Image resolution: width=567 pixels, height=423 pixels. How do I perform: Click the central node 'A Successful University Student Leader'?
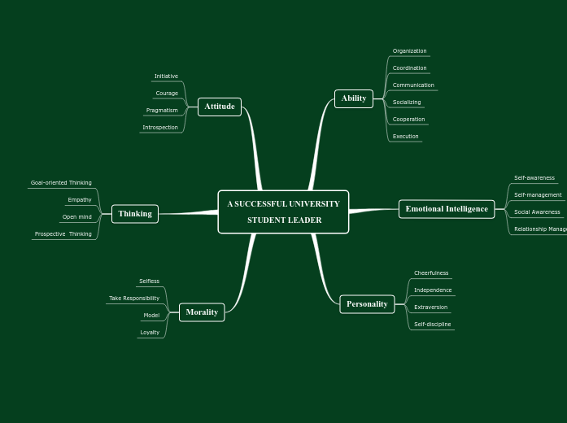283,211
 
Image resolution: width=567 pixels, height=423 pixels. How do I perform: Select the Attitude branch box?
220,107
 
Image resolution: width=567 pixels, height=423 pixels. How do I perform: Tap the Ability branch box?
354,98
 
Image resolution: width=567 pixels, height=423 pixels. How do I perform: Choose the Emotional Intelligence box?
447,209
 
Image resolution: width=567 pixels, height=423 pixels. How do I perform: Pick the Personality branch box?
367,304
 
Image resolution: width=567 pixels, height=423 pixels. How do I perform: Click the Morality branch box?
202,312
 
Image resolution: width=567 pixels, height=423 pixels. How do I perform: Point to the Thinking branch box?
135,214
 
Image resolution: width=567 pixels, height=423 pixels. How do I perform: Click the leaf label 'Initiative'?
166,76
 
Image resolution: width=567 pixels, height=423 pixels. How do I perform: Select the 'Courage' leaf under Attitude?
167,94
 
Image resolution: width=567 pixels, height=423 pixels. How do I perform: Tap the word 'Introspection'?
160,128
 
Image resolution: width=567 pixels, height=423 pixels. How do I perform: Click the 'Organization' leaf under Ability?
409,51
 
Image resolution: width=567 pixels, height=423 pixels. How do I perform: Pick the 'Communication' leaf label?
413,85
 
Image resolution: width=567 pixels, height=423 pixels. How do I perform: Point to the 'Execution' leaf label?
405,137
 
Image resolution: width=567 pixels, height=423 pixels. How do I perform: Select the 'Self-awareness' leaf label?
534,178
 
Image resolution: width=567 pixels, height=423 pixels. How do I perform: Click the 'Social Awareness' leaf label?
537,212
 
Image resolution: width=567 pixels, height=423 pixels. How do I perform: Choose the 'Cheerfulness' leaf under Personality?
431,273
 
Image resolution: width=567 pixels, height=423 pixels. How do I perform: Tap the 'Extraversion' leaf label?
430,307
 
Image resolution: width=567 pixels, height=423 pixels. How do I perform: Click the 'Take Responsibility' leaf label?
134,299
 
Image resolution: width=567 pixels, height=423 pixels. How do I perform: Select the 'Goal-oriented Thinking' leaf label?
61,183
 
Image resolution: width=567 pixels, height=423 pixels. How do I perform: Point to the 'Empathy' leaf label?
80,200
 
